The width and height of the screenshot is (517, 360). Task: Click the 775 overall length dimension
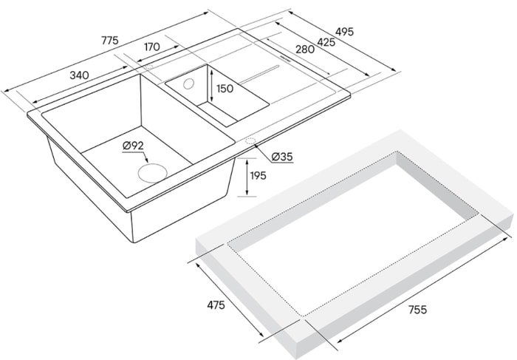pos(109,40)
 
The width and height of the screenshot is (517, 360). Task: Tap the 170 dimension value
pos(151,47)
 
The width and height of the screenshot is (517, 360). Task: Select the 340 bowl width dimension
pos(79,75)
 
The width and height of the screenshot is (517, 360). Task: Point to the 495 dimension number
pos(344,31)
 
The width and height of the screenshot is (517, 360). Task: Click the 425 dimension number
pos(326,42)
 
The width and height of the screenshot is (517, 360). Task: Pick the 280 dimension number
pos(304,50)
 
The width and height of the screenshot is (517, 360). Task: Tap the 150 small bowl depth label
pos(225,89)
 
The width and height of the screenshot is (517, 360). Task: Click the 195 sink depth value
pos(258,175)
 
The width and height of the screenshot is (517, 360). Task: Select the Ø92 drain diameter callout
pos(133,146)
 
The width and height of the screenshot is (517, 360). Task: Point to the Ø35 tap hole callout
pos(282,157)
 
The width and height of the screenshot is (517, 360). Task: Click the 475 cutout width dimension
pos(216,305)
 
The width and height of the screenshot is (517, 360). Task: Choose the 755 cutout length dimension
pos(417,310)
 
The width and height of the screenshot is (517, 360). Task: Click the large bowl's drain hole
pos(153,172)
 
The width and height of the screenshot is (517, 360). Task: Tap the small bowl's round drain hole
pos(189,84)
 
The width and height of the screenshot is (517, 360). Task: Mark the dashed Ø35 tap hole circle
pos(250,141)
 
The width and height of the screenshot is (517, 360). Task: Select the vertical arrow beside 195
pos(247,177)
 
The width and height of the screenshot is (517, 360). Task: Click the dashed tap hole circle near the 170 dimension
pos(149,67)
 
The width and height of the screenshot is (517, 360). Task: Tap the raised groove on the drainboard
pos(259,74)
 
